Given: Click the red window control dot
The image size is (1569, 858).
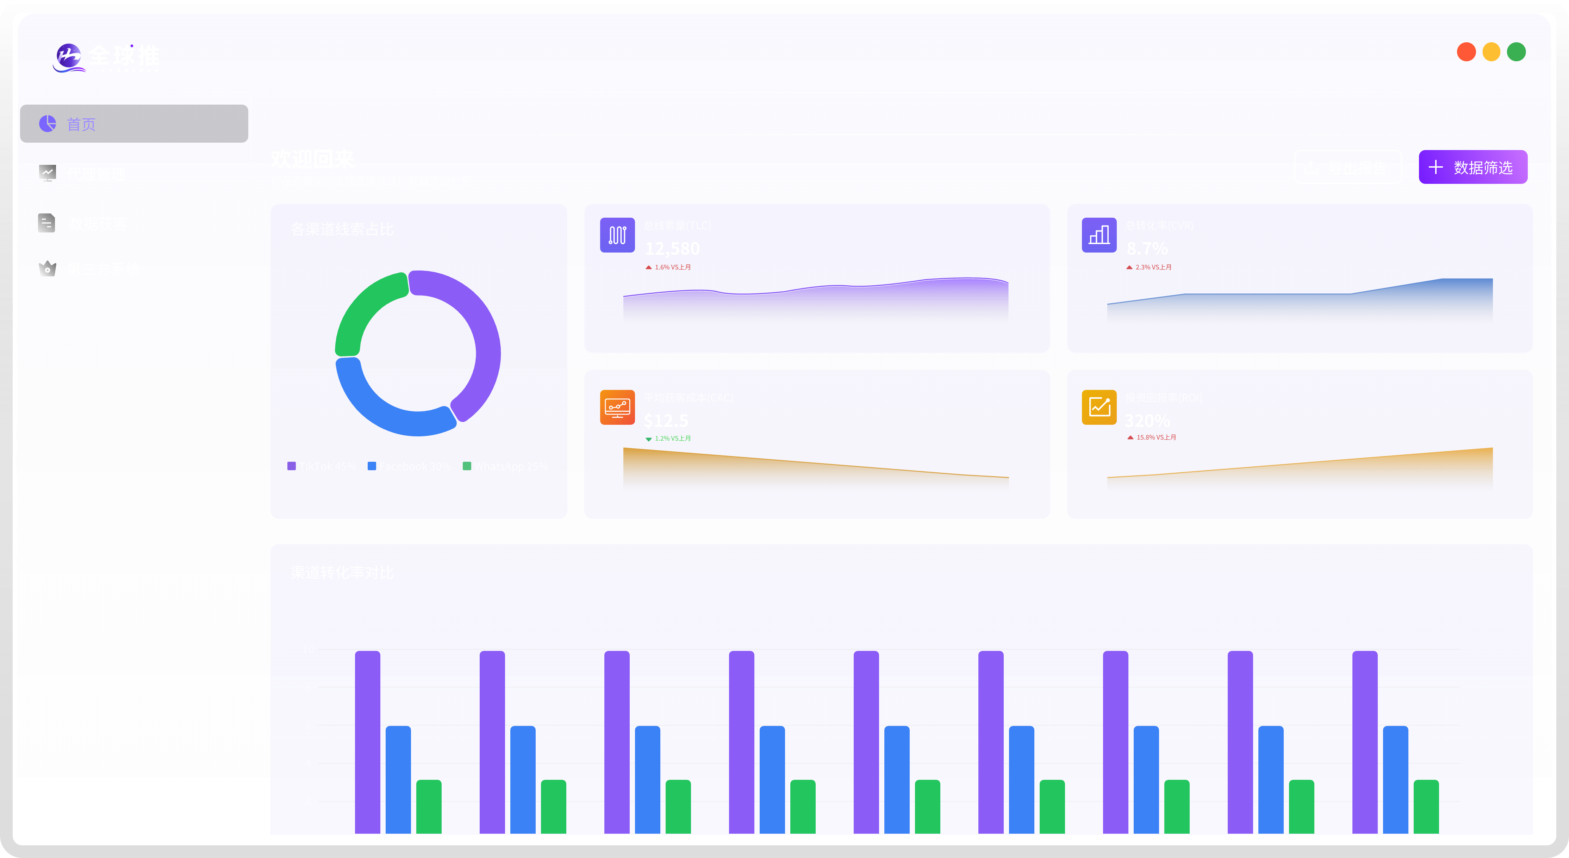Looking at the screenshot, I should (x=1466, y=52).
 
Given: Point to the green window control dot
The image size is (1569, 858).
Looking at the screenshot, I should (x=1516, y=52).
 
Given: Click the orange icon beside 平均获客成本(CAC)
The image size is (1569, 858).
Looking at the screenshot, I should (x=617, y=407).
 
